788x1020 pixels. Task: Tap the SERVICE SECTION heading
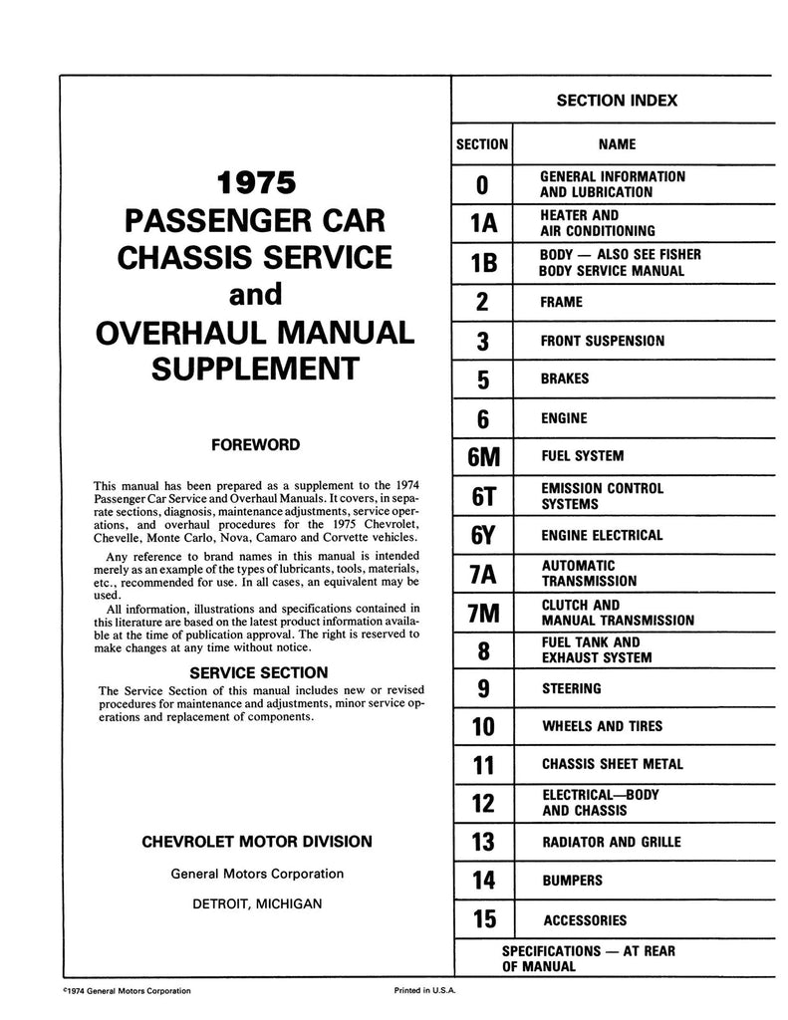click(258, 672)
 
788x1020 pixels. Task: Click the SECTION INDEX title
click(617, 101)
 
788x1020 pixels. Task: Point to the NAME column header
click(617, 144)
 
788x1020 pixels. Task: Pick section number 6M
click(482, 457)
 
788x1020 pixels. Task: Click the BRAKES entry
click(565, 379)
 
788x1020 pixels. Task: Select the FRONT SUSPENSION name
click(602, 341)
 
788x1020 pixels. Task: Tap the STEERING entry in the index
click(571, 688)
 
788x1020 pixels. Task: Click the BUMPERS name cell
click(572, 882)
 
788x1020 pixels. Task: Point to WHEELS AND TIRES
click(601, 727)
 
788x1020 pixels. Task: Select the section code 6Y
click(482, 535)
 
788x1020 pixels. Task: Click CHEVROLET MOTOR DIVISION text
click(258, 842)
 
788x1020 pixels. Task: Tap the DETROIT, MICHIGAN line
click(258, 904)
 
